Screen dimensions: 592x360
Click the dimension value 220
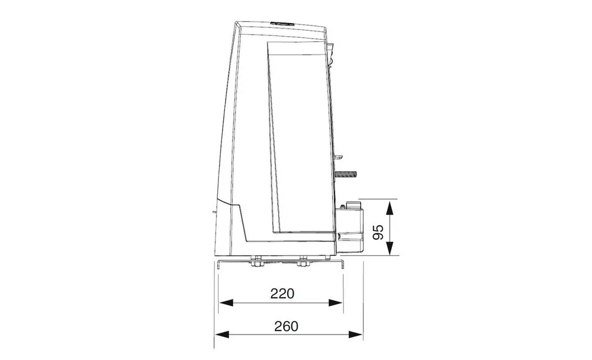[282, 293]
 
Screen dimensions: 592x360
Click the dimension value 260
[286, 326]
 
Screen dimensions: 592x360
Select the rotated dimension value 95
[378, 232]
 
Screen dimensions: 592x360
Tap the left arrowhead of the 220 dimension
[226, 302]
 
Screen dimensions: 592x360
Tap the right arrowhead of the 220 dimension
[336, 302]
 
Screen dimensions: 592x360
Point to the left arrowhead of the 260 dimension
[221, 335]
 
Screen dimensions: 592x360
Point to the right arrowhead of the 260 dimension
[356, 335]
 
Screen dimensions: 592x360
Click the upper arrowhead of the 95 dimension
[390, 208]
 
